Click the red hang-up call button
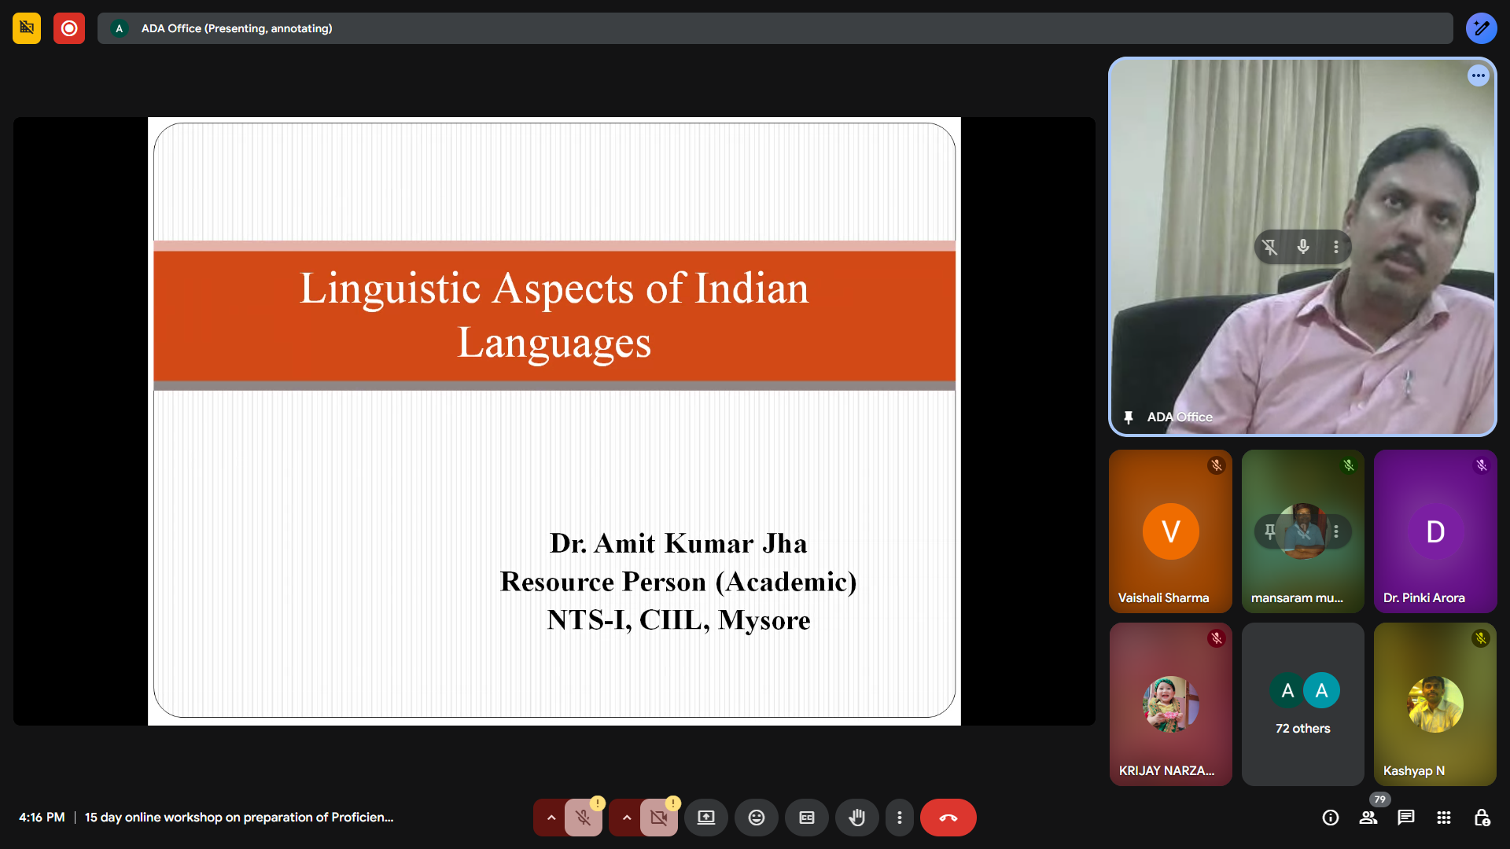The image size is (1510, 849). click(x=948, y=818)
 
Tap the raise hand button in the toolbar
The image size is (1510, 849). click(x=857, y=818)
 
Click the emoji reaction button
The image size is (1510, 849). click(x=757, y=818)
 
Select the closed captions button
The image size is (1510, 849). click(x=807, y=818)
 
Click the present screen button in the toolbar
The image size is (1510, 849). click(x=706, y=818)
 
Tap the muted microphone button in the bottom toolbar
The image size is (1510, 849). click(x=583, y=818)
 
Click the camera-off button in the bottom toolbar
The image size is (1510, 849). click(x=658, y=818)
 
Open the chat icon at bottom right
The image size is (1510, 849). click(x=1406, y=818)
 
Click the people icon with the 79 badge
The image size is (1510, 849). click(x=1368, y=818)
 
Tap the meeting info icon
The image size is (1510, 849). click(x=1331, y=818)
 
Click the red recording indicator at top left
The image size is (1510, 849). click(x=69, y=28)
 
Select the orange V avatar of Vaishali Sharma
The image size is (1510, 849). click(x=1171, y=531)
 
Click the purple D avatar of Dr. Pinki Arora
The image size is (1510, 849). click(x=1435, y=531)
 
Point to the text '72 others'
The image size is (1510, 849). click(x=1303, y=729)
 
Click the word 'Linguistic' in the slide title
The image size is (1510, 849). click(x=390, y=289)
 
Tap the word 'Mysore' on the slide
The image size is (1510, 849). click(x=764, y=620)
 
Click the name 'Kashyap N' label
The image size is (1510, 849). click(x=1414, y=770)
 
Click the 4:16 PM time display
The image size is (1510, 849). click(x=42, y=818)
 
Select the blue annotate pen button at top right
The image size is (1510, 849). click(x=1482, y=28)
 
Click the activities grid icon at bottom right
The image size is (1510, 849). click(x=1444, y=818)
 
